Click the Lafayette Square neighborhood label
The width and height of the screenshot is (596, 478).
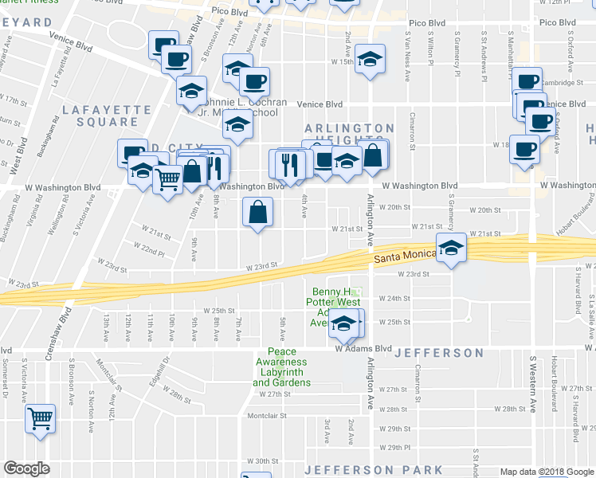point(106,116)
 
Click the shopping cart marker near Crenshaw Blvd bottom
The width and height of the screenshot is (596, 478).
point(40,417)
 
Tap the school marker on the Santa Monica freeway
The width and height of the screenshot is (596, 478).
point(451,248)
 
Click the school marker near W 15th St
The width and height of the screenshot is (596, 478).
point(370,60)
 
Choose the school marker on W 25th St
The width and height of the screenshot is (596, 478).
point(344,323)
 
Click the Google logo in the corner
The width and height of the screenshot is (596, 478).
point(26,468)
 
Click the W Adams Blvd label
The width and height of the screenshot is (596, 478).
point(363,349)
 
